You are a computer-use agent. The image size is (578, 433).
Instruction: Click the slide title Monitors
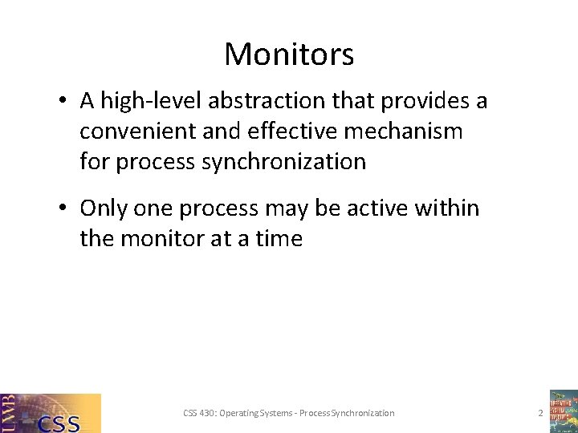click(x=289, y=55)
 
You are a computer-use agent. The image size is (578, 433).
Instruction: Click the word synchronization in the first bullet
click(x=284, y=161)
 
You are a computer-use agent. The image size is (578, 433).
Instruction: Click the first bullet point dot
click(x=62, y=102)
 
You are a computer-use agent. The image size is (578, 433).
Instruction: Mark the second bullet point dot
click(x=62, y=209)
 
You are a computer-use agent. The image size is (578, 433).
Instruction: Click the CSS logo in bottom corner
click(x=51, y=413)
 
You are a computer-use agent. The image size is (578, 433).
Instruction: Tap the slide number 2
click(x=540, y=413)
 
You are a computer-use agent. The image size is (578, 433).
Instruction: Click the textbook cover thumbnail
click(x=563, y=411)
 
